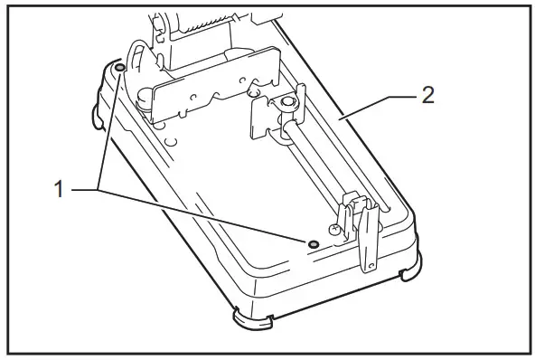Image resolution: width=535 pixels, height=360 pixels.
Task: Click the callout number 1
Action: [59, 190]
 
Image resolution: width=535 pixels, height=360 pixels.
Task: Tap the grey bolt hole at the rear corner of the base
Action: [120, 68]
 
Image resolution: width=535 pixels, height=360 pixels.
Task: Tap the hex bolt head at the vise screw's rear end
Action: [287, 105]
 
